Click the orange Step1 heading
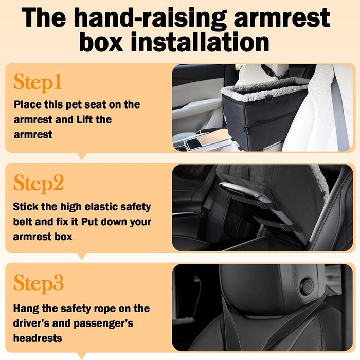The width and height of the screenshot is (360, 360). [x=38, y=83]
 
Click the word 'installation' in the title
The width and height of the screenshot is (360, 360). [x=200, y=42]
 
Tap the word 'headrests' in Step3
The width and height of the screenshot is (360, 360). [x=38, y=338]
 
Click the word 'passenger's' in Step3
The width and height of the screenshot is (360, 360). [x=103, y=323]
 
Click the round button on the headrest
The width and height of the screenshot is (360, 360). [x=307, y=287]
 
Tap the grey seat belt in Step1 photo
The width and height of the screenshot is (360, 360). [x=340, y=115]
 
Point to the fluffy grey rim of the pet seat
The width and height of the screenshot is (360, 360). [x=264, y=88]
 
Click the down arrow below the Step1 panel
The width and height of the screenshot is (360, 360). [x=82, y=156]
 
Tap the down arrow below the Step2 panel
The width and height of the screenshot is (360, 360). [x=82, y=256]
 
